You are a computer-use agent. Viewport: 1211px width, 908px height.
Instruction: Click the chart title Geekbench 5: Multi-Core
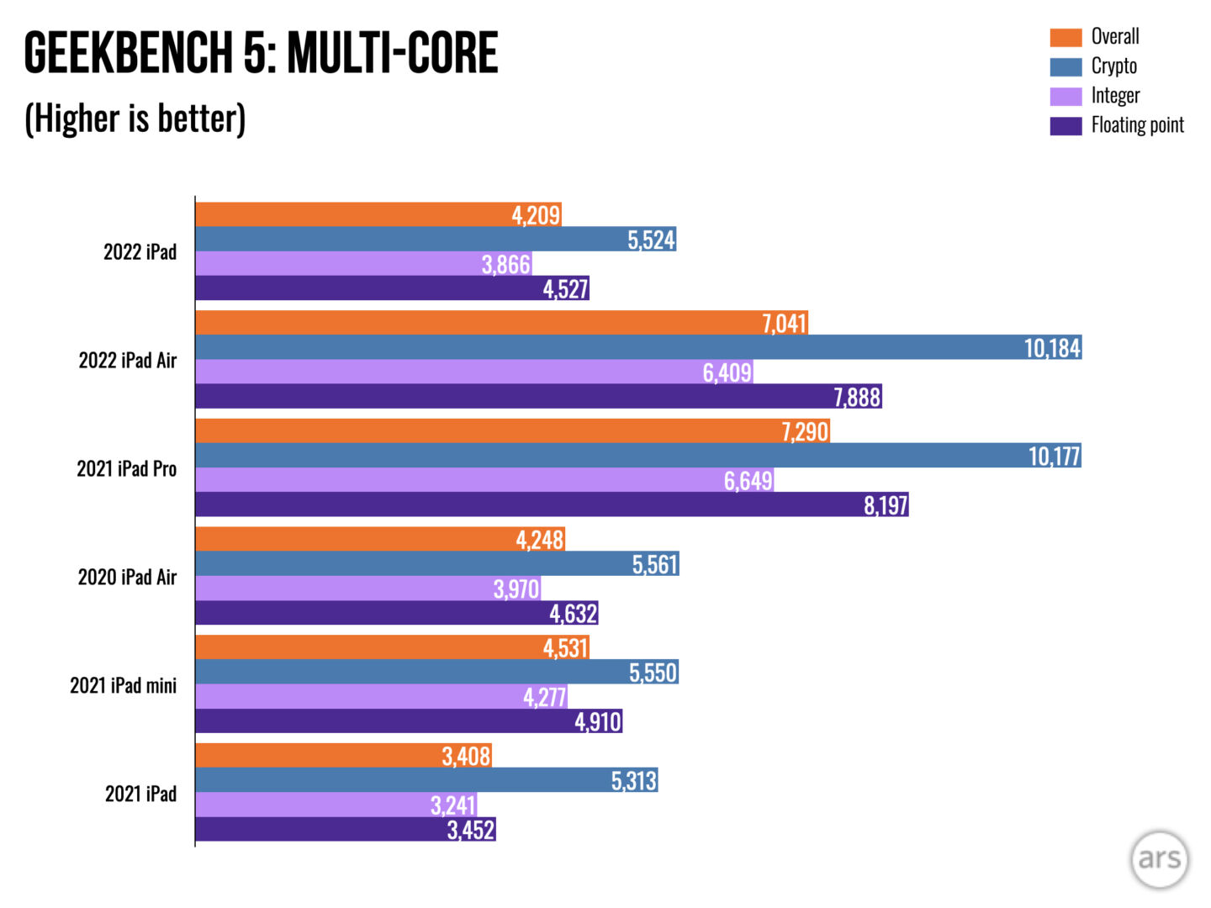point(261,52)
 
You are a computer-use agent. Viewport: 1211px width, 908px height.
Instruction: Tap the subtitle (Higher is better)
point(135,119)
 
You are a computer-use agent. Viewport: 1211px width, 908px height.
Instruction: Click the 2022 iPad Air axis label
point(128,361)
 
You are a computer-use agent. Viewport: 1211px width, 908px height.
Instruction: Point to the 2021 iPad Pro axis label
point(127,469)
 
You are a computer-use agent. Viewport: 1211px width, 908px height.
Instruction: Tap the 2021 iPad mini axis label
point(124,686)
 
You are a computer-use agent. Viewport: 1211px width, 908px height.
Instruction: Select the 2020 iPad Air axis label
point(128,578)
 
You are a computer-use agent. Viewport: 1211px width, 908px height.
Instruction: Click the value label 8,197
point(886,505)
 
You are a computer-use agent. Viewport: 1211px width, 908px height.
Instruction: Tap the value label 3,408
point(466,757)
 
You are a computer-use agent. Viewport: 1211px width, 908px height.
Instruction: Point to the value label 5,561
point(654,564)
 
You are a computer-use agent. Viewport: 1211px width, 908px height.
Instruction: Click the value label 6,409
point(727,372)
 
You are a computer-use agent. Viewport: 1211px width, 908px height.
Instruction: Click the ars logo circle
point(1160,859)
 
